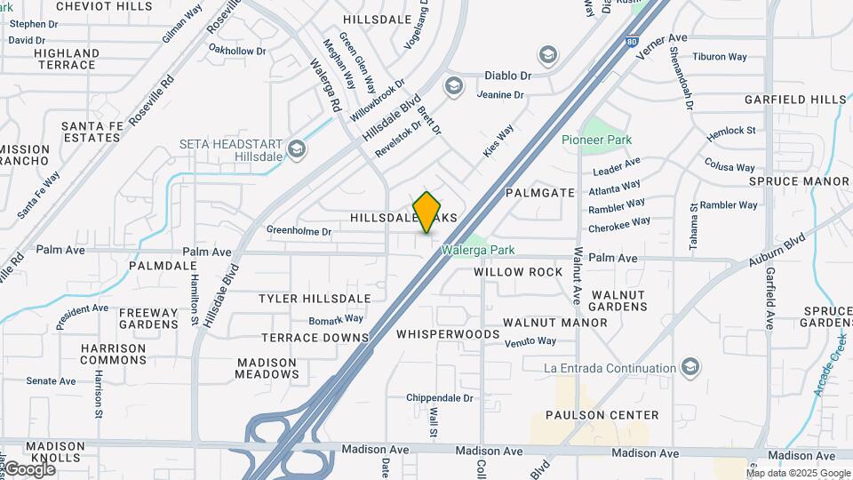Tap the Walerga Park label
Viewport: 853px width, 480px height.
tap(481, 251)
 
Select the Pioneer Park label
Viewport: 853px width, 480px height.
tap(596, 140)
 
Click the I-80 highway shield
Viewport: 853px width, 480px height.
tap(630, 41)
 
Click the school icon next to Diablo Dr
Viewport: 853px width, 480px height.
tap(547, 55)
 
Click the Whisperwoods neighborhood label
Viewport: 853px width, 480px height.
tap(448, 334)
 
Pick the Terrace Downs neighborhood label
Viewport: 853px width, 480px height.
tap(315, 338)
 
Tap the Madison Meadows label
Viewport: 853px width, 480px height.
tap(267, 368)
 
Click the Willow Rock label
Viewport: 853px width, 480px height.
tap(518, 271)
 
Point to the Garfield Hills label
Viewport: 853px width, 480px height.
tap(795, 99)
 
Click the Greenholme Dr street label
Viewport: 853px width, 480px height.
tap(299, 231)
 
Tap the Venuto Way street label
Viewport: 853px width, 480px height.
tap(530, 341)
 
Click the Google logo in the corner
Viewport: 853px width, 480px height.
tap(29, 469)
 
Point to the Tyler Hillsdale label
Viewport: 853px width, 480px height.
tap(315, 298)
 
